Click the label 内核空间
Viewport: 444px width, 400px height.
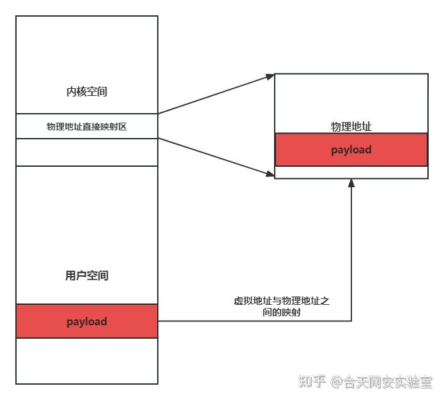(x=87, y=91)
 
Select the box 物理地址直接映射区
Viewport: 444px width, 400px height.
(x=87, y=127)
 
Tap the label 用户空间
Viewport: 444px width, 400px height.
(x=87, y=276)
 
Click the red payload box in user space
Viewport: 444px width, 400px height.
(x=87, y=321)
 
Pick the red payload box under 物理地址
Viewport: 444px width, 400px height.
(x=351, y=150)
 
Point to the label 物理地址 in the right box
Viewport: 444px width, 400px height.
(x=351, y=127)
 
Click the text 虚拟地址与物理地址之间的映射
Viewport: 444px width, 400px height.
(x=281, y=307)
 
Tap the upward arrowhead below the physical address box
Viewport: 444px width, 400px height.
(x=351, y=184)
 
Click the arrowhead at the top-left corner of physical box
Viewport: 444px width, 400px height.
(x=270, y=77)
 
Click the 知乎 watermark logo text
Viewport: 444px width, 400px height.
(x=312, y=381)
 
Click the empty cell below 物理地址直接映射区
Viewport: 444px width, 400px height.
(x=87, y=152)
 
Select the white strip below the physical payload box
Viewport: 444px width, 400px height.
(x=351, y=173)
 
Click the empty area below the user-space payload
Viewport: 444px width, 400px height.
(x=87, y=360)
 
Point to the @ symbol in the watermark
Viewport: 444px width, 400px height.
(x=337, y=382)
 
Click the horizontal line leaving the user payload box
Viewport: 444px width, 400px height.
(x=256, y=321)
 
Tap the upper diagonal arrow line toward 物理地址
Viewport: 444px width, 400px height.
(x=214, y=95)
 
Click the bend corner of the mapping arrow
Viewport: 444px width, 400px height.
(x=351, y=321)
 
